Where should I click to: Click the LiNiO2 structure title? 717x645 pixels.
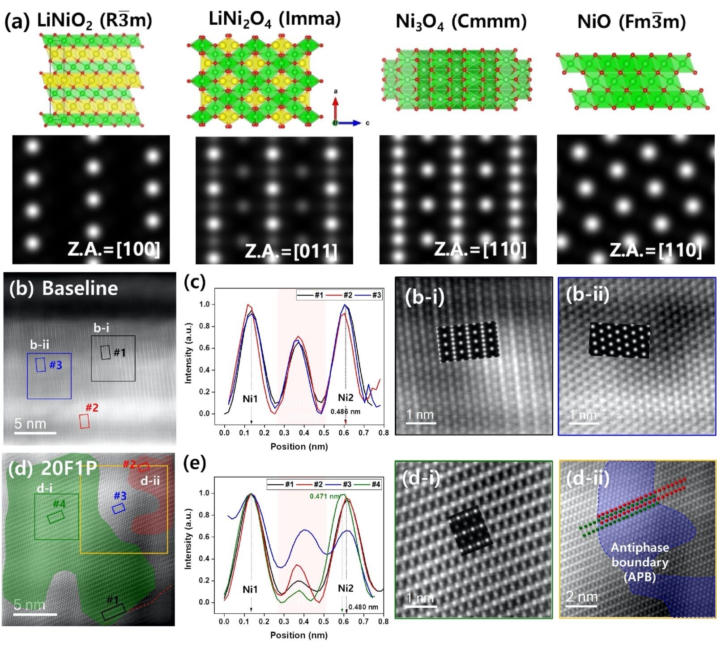(94, 21)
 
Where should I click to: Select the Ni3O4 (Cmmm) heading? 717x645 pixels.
(461, 21)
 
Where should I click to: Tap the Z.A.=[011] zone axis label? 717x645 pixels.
(291, 251)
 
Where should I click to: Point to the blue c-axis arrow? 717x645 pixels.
(351, 123)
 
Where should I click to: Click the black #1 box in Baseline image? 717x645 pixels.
(105, 353)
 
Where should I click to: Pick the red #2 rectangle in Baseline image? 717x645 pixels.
(84, 421)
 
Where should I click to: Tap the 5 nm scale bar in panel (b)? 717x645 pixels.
(35, 433)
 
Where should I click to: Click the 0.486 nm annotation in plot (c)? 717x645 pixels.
(345, 412)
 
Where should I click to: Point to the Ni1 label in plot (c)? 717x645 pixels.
(250, 398)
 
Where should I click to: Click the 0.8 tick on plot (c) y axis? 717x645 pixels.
(204, 326)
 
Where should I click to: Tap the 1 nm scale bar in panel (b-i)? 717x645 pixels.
(421, 421)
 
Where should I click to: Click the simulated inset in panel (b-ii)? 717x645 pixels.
(619, 340)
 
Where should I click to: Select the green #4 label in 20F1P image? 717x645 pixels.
(59, 504)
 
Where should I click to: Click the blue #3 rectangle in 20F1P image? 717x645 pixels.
(119, 508)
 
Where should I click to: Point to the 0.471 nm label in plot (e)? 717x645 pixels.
(324, 496)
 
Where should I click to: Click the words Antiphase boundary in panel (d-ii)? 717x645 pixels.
(640, 555)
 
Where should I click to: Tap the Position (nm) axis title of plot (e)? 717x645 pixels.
(299, 635)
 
